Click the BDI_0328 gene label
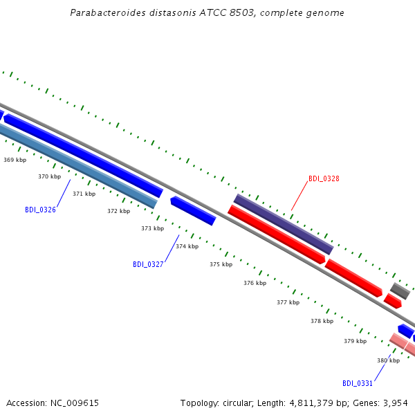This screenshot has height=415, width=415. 324,178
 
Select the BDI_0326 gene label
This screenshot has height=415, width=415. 40,210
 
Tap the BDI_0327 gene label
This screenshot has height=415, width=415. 148,264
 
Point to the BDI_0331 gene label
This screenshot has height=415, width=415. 358,383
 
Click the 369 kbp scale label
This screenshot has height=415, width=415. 15,160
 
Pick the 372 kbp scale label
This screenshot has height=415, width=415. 118,211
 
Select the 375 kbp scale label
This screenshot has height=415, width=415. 221,264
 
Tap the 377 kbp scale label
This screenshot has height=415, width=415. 288,302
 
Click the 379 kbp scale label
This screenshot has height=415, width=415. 356,341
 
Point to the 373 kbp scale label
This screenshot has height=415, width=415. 152,228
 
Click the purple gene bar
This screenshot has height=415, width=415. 284,224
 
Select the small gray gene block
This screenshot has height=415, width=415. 400,291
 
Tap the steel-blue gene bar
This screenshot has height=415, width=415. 77,165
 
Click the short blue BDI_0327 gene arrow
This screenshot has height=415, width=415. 193,211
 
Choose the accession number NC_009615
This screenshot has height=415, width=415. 75,403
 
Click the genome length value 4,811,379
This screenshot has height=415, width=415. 311,403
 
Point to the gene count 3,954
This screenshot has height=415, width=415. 396,403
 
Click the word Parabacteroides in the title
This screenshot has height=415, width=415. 108,12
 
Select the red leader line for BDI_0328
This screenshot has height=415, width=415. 299,196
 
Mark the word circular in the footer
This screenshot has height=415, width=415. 237,403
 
